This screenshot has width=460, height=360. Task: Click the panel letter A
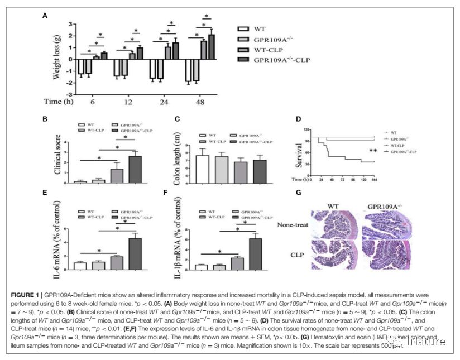[x=45, y=16]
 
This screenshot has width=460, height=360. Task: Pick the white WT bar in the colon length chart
[x=202, y=169]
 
